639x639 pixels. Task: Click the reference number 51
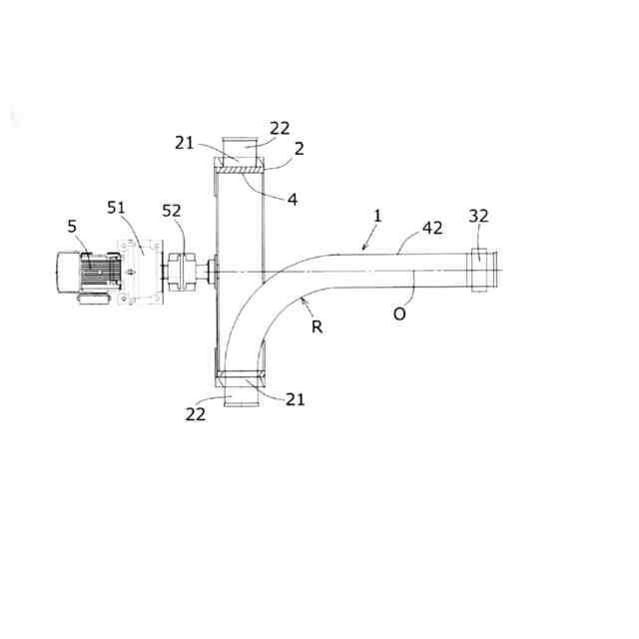(x=116, y=208)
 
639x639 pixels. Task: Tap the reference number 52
(x=172, y=211)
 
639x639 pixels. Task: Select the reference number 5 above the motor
(x=72, y=227)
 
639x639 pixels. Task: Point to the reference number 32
(x=478, y=216)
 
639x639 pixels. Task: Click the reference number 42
(x=432, y=228)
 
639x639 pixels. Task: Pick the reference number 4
(x=293, y=200)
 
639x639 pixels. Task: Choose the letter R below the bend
(x=318, y=326)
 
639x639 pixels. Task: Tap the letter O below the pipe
(x=399, y=314)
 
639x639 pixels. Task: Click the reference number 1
(x=377, y=216)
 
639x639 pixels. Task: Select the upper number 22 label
(x=280, y=129)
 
